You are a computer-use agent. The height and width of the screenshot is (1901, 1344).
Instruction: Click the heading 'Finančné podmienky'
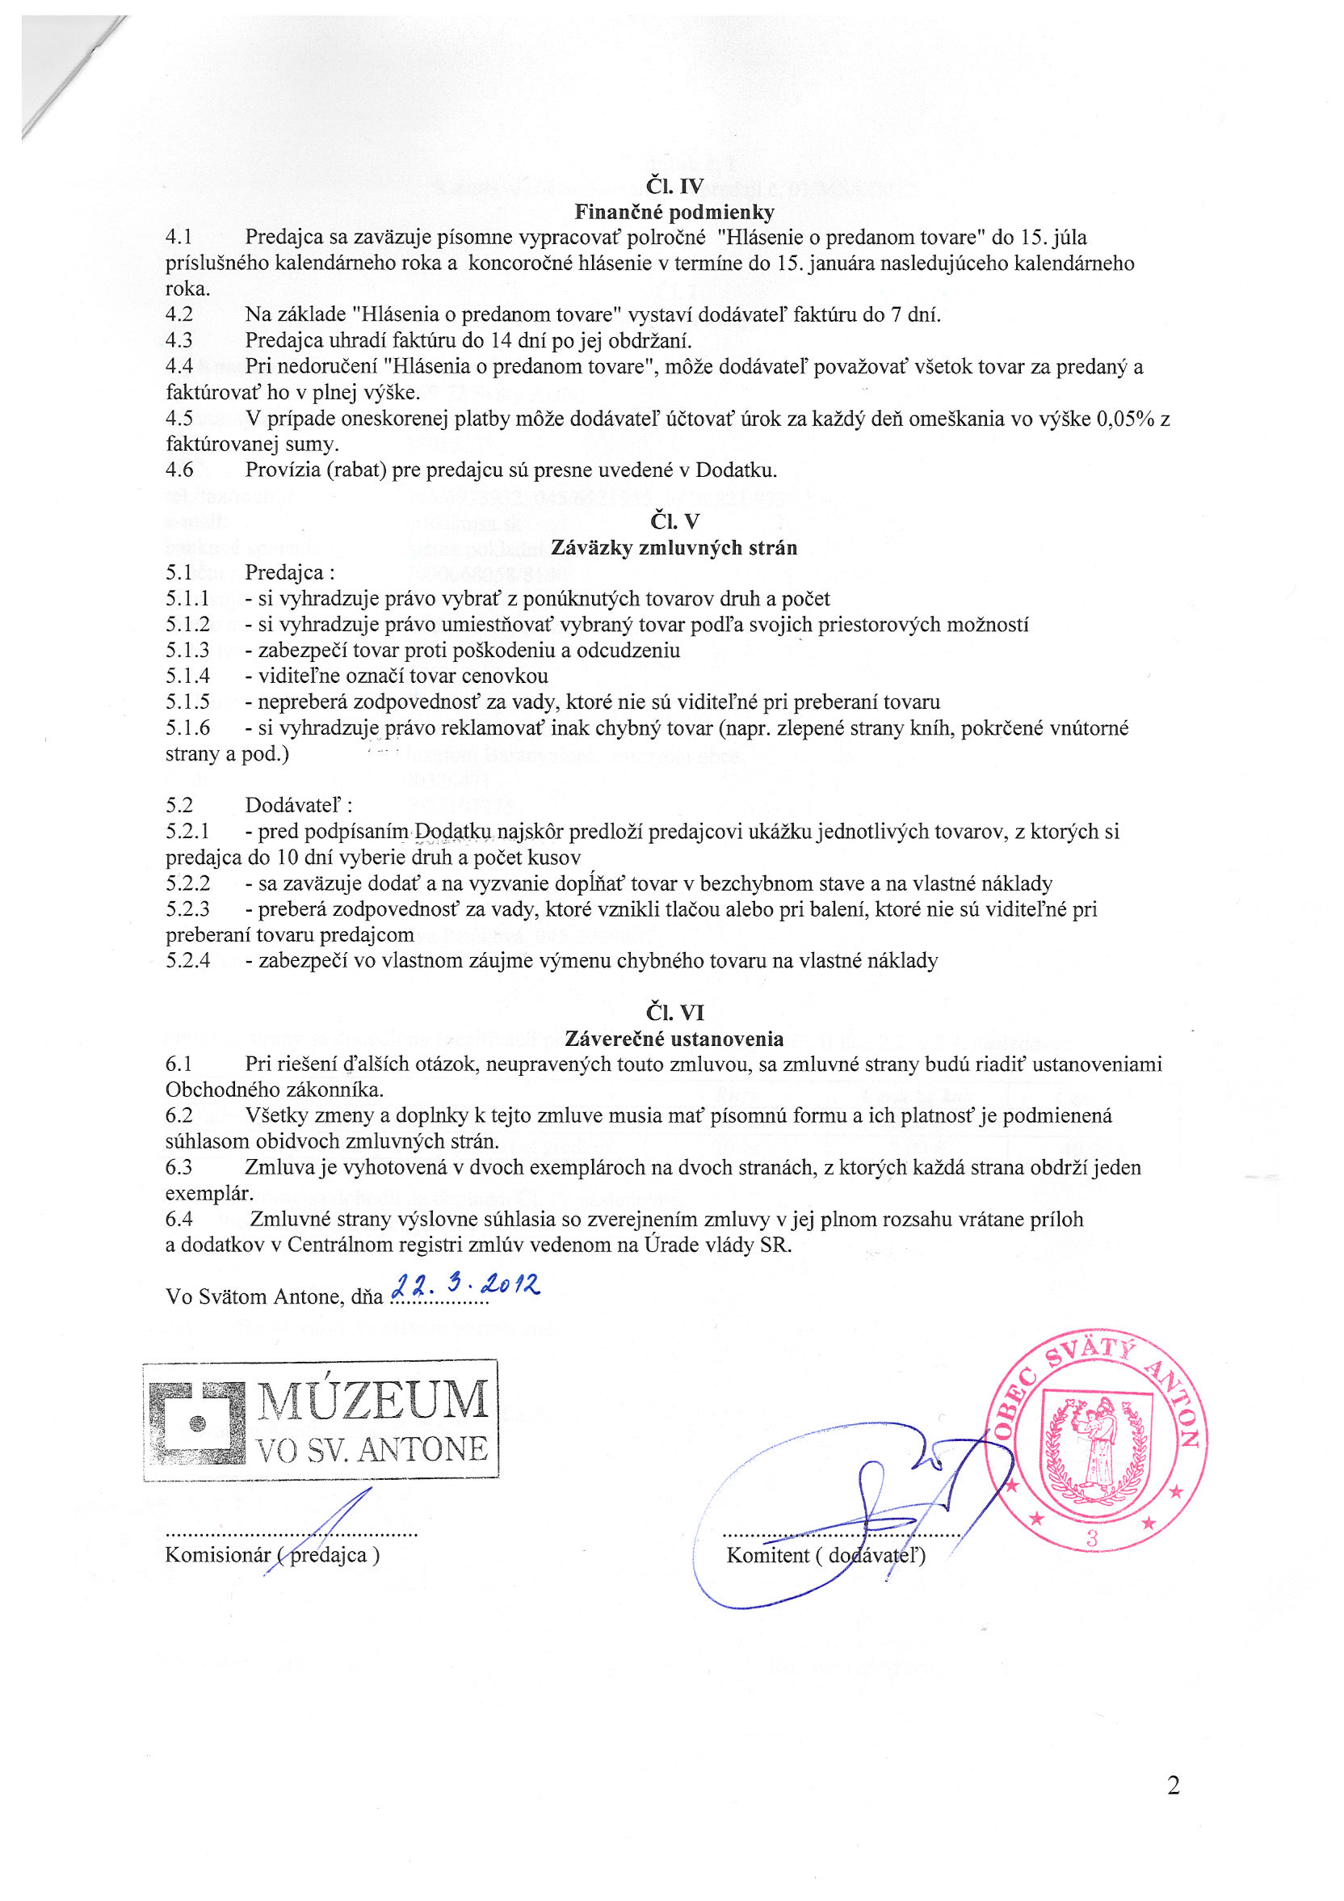tap(674, 213)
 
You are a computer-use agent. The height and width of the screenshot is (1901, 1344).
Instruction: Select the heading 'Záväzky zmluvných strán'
tap(674, 547)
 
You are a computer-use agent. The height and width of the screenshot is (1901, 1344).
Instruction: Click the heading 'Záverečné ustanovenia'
tap(674, 1039)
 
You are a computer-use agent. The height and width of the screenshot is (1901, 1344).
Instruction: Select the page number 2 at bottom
tap(1173, 1786)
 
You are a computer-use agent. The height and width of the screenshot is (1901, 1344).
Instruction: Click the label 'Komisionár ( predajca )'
tap(272, 1554)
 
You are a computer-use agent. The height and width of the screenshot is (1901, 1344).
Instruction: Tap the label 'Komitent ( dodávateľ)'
tap(825, 1555)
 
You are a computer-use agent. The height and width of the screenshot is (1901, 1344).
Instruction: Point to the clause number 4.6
tap(178, 470)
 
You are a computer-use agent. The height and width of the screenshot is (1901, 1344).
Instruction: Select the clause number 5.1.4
tap(187, 677)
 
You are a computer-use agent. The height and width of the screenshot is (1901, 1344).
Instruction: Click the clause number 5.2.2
tap(187, 883)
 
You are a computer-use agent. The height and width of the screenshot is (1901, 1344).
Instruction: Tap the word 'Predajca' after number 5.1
tap(283, 573)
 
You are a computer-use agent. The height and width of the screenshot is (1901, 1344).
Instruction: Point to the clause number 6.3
tap(178, 1167)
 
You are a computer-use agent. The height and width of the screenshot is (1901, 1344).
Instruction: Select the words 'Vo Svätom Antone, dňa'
tap(274, 1296)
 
